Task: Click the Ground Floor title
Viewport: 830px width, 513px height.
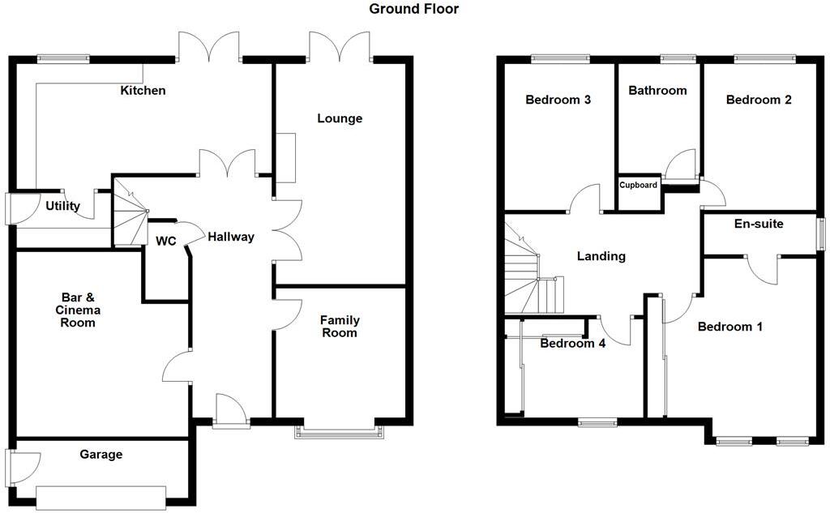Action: click(413, 10)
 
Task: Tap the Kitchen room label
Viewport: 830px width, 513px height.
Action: click(143, 90)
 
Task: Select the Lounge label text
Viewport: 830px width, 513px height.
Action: click(339, 118)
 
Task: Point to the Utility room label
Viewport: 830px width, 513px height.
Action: click(62, 206)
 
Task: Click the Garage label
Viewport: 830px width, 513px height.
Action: click(101, 454)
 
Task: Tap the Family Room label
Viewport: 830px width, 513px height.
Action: click(340, 327)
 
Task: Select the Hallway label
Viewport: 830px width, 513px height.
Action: click(230, 237)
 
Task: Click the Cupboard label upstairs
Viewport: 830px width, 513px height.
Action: click(639, 185)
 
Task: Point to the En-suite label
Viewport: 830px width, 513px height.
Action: click(759, 223)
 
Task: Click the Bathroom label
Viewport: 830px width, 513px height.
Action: click(657, 90)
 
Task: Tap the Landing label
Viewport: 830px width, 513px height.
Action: click(601, 256)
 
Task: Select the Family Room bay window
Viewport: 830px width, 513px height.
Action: click(340, 430)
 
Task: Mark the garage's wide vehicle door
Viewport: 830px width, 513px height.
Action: click(101, 495)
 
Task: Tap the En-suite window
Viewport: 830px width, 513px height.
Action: click(819, 234)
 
